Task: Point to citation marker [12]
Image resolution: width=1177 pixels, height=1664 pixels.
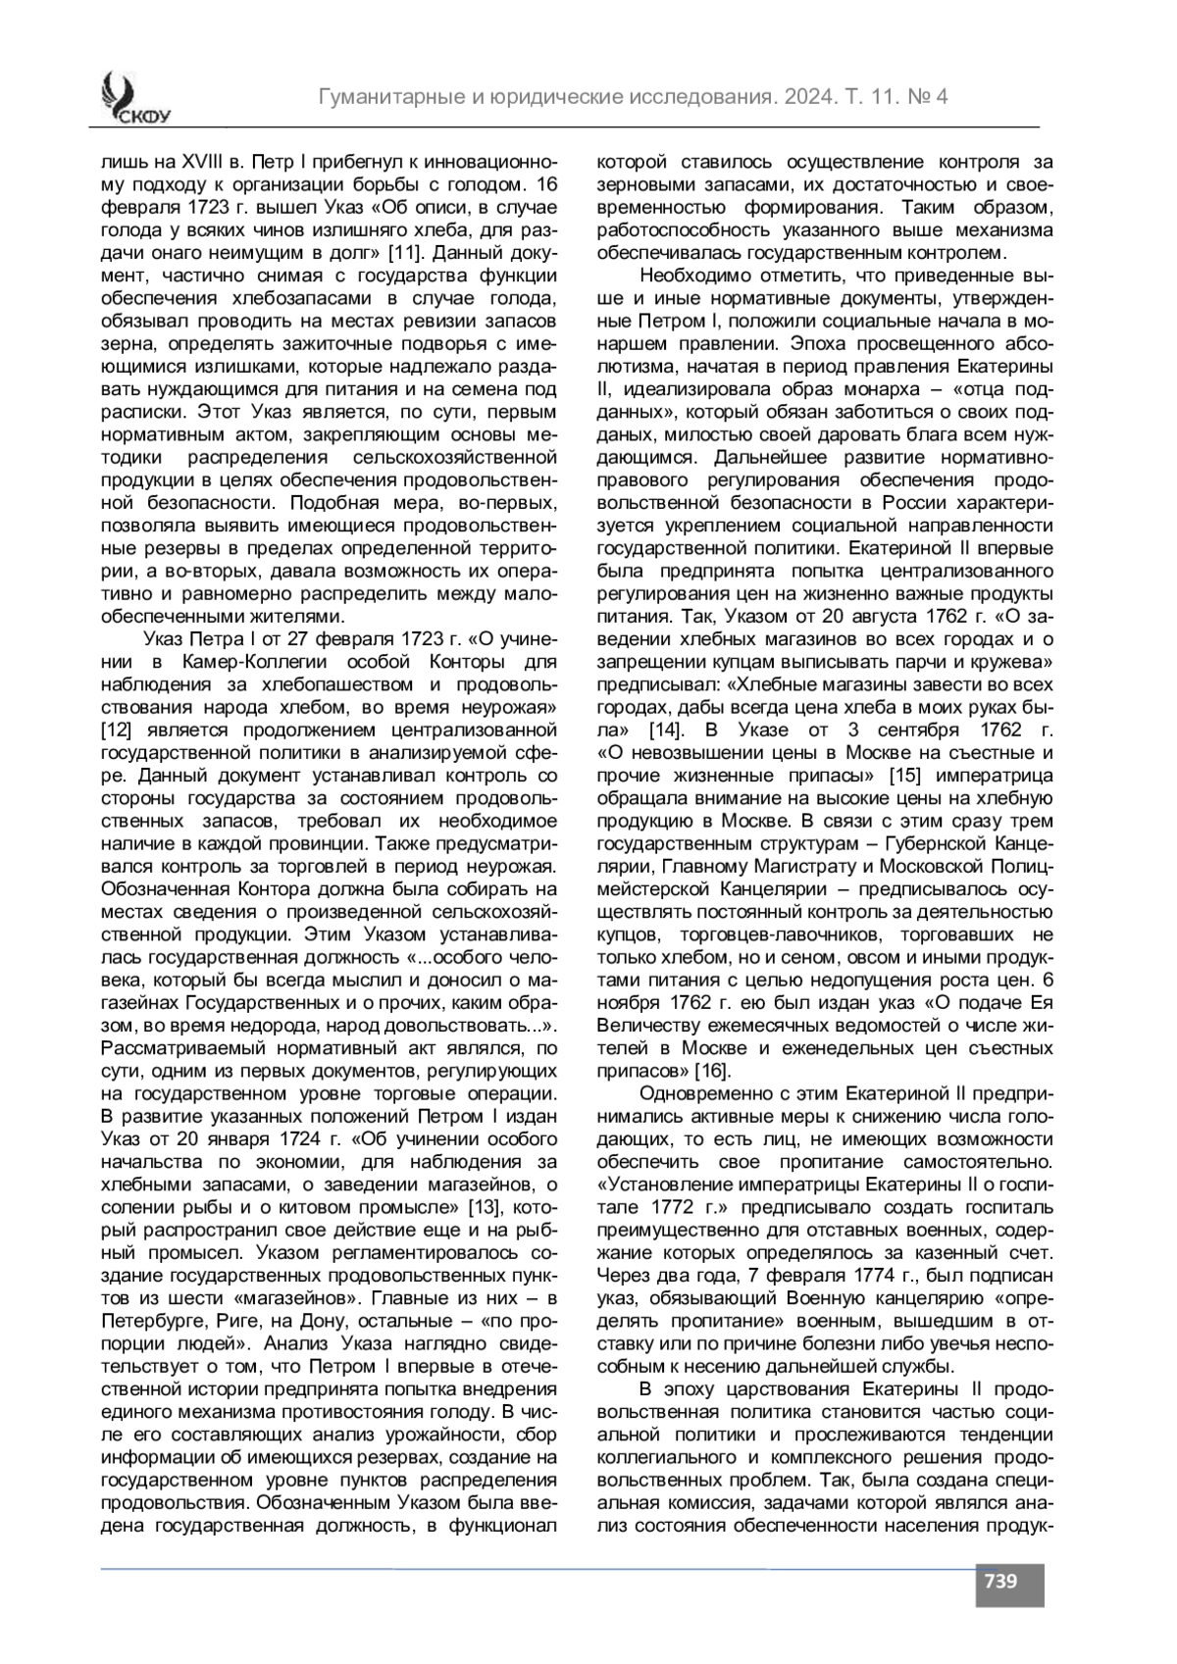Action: coord(118,730)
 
